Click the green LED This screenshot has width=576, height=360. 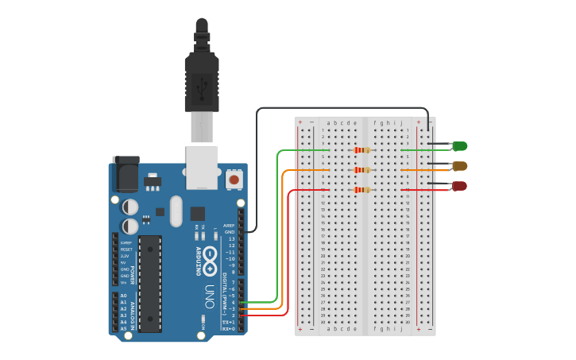[x=459, y=146]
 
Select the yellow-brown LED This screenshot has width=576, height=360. [x=459, y=166]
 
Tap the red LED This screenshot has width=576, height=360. [x=459, y=186]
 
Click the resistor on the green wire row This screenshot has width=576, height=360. [x=363, y=150]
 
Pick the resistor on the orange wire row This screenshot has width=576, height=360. [x=363, y=170]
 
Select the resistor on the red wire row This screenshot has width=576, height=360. [x=363, y=190]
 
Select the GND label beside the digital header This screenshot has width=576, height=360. [x=230, y=232]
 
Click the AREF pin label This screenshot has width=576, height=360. [x=229, y=226]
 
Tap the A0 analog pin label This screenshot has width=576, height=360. [x=123, y=296]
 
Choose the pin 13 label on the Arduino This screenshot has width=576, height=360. [x=231, y=239]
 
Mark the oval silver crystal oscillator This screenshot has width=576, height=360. [x=176, y=211]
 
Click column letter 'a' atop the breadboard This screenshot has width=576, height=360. [x=329, y=123]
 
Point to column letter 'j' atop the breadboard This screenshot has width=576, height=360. [x=402, y=123]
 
